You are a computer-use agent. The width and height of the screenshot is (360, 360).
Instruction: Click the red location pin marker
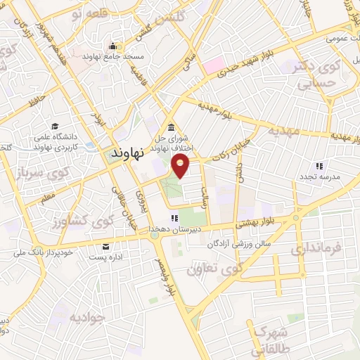[181, 167]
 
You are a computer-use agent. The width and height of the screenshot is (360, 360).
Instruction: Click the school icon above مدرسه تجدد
[319, 167]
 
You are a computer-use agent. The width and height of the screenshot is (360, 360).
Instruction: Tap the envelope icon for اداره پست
[105, 247]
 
